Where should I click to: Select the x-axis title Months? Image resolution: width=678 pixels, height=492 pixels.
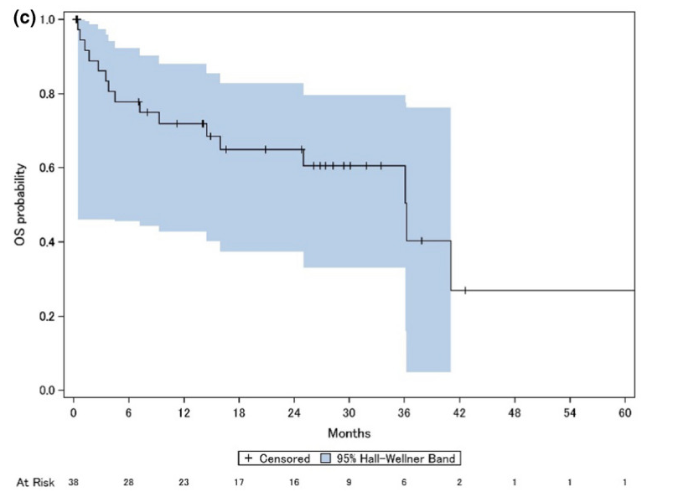point(349,433)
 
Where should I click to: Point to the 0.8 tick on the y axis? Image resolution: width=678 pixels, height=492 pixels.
point(51,94)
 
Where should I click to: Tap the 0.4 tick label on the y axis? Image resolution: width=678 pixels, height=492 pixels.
point(51,242)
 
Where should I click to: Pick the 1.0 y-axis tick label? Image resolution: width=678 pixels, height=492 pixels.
point(51,19)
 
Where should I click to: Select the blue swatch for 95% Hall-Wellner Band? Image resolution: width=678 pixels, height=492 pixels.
point(329,458)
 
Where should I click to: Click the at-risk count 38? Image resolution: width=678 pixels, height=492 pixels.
point(74,483)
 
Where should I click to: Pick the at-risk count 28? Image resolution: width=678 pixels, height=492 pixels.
point(128,483)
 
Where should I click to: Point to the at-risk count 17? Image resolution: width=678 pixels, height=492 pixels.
point(239,483)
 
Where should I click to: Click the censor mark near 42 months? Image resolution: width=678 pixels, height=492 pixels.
point(464,290)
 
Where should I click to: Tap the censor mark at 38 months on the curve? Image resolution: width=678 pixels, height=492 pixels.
point(422,241)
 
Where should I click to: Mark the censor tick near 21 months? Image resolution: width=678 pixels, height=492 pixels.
point(266,149)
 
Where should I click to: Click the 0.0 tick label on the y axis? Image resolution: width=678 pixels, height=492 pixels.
point(51,391)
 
